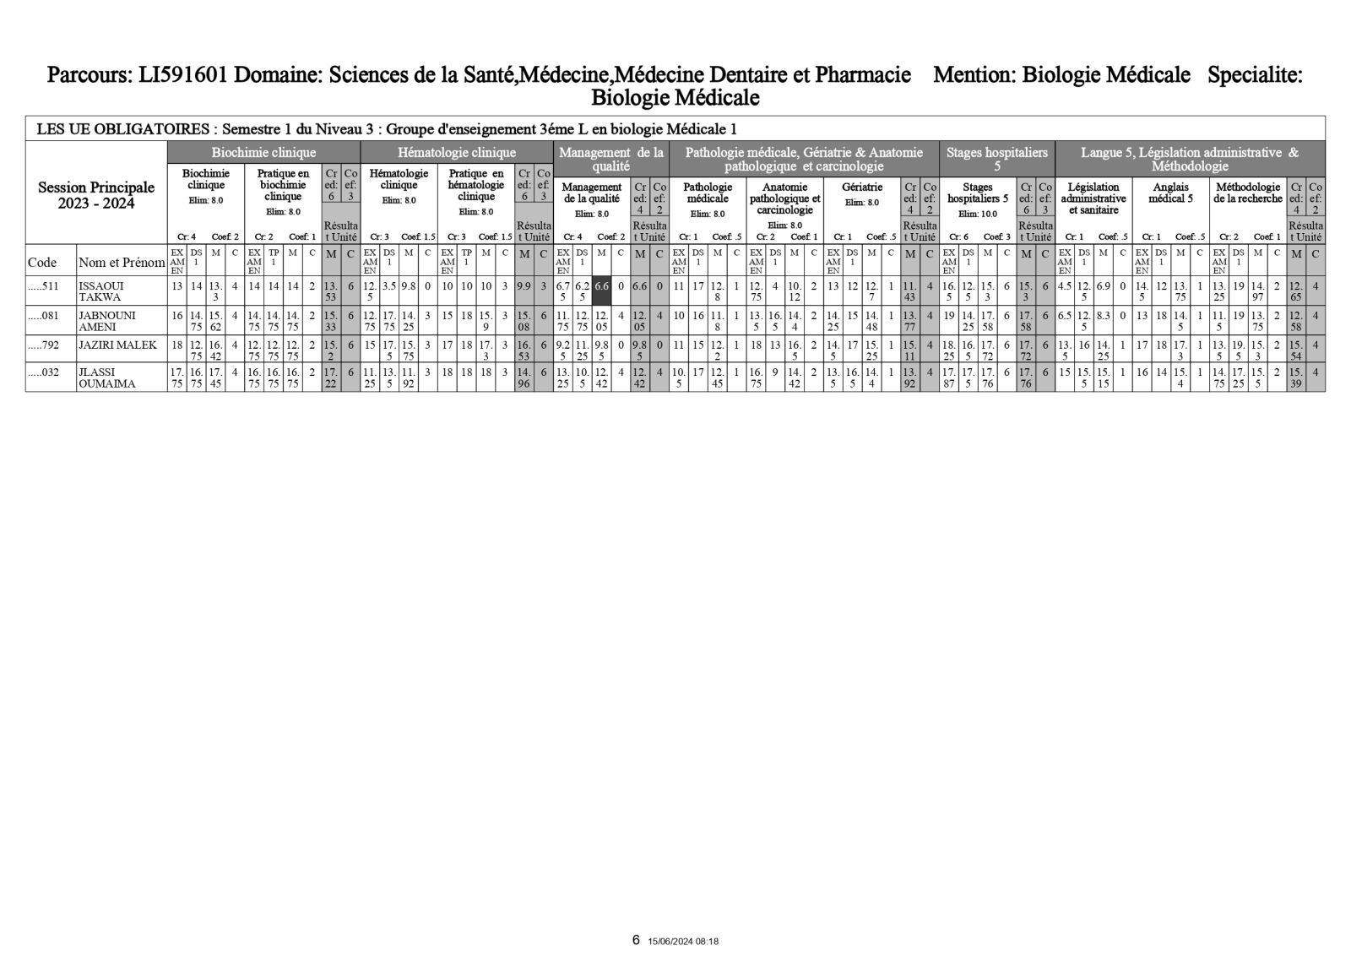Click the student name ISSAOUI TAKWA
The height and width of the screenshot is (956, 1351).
coord(101,291)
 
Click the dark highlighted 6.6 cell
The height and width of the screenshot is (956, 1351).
coord(602,286)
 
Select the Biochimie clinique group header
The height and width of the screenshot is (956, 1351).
coord(263,153)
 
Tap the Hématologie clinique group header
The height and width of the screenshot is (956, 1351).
coord(456,153)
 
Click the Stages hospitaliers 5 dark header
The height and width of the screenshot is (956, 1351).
coord(996,159)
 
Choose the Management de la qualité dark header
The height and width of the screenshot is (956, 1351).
coord(611,159)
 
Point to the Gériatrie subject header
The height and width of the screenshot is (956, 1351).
coord(863,187)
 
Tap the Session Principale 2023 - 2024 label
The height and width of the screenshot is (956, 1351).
coord(96,195)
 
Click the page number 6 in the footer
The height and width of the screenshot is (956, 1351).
coord(636,940)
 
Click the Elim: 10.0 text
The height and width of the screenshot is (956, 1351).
coord(977,214)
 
